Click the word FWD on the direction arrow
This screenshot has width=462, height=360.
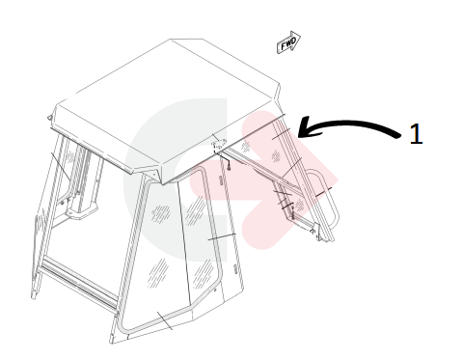point(287,43)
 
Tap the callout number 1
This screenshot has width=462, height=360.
point(417,134)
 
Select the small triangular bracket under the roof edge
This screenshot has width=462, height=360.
point(218,144)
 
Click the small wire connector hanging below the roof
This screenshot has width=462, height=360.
point(229,167)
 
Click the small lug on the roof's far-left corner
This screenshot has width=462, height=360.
point(49,118)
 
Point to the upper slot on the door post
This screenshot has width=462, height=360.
point(221,180)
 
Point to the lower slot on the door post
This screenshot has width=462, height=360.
point(235,268)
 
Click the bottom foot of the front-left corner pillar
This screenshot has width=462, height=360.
point(112,338)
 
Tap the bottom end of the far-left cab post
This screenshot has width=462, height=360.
point(33,294)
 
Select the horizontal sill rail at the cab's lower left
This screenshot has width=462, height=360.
point(79,282)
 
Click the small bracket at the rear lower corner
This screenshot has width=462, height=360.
point(316,233)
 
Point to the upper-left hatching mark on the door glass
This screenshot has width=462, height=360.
point(161,213)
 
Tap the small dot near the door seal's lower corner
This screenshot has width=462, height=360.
point(215,291)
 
